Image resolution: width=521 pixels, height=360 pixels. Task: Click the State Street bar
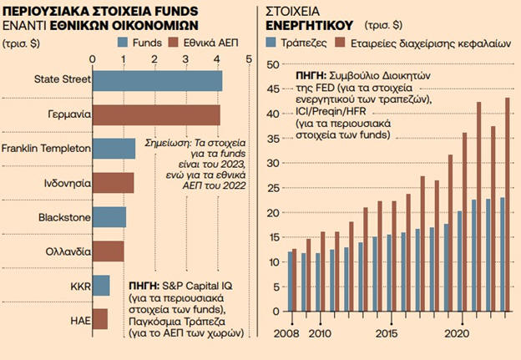click(x=157, y=80)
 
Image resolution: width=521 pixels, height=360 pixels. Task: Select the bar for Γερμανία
click(x=156, y=114)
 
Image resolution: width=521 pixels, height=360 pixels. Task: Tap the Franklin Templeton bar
click(x=114, y=149)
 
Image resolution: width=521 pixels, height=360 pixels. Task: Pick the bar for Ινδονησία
click(x=113, y=183)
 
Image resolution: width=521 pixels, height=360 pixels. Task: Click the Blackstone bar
click(x=109, y=217)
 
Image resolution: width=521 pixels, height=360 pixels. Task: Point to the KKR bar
click(x=100, y=286)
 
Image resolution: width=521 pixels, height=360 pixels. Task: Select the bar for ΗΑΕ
click(x=99, y=319)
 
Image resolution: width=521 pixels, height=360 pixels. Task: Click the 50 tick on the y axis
click(x=273, y=64)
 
